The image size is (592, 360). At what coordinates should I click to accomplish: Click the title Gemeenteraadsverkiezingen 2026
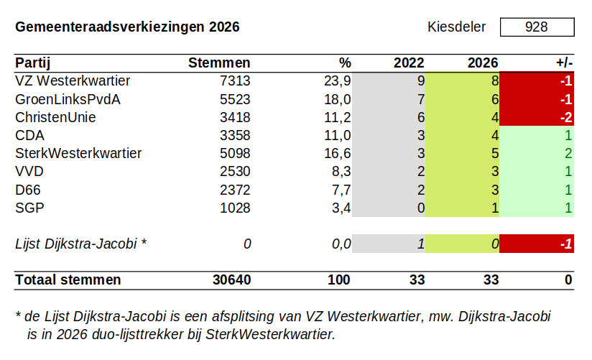point(127,27)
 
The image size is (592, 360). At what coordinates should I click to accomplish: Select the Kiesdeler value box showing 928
point(537,27)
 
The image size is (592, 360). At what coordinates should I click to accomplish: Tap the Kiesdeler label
point(456,27)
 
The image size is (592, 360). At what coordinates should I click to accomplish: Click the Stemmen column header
point(219,63)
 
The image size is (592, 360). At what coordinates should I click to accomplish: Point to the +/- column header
point(563,63)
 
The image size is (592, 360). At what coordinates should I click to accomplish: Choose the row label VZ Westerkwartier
point(73,80)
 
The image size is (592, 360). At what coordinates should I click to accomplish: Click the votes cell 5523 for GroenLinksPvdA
point(235,99)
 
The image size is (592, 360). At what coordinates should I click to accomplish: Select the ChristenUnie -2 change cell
point(537,117)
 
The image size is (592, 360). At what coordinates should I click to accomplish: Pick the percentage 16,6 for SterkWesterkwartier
point(337,153)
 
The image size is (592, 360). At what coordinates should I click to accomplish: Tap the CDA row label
point(30,135)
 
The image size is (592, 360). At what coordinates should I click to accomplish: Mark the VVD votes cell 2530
point(235,171)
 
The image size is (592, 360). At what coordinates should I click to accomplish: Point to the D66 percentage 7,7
point(340,190)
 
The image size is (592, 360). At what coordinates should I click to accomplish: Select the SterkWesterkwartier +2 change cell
point(537,153)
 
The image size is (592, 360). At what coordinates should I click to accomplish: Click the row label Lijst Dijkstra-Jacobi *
point(80,244)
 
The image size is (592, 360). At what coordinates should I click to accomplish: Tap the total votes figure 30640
point(231,280)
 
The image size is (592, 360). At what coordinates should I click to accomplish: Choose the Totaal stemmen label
point(68,280)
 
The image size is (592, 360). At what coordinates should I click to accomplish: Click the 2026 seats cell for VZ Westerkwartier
point(462,80)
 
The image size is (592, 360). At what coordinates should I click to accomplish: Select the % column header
point(345,63)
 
